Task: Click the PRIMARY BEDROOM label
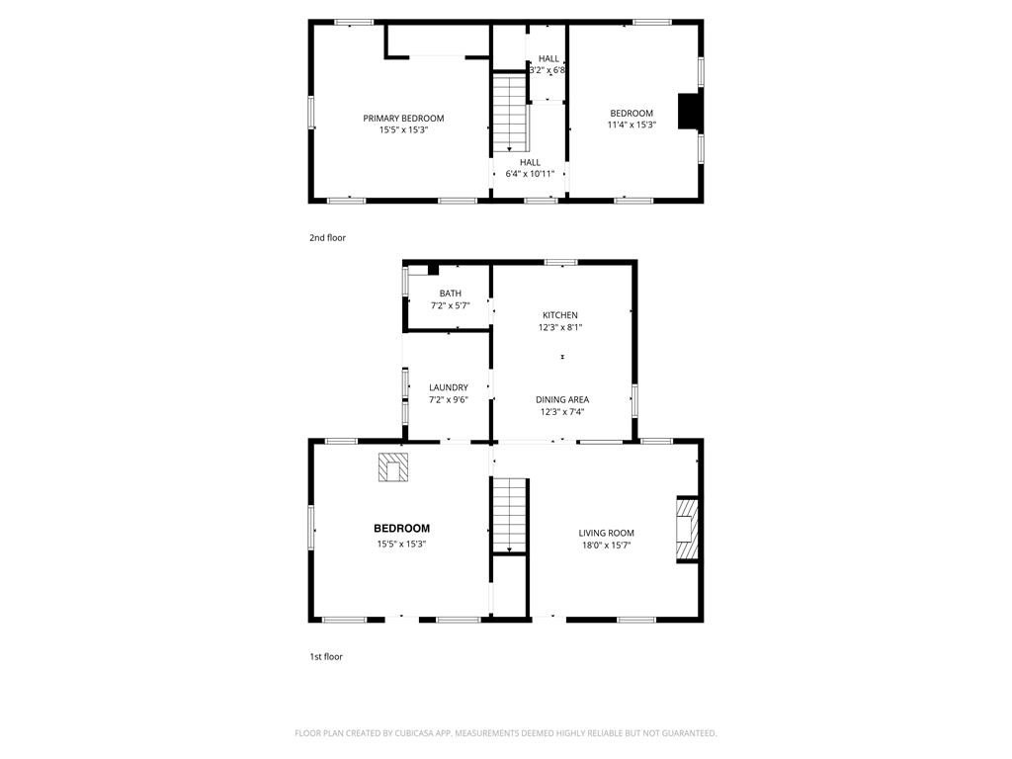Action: pyautogui.click(x=403, y=119)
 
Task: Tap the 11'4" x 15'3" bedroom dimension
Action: pyautogui.click(x=632, y=126)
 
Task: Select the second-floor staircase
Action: pyautogui.click(x=511, y=113)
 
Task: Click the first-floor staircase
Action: pyautogui.click(x=511, y=516)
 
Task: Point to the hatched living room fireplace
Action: pyautogui.click(x=688, y=530)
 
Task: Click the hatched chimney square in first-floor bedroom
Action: pyautogui.click(x=393, y=466)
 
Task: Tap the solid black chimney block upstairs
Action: pyautogui.click(x=688, y=112)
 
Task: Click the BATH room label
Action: pyautogui.click(x=451, y=294)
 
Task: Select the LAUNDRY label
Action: pyautogui.click(x=449, y=387)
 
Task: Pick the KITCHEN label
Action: pyautogui.click(x=560, y=315)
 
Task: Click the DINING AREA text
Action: pyautogui.click(x=562, y=399)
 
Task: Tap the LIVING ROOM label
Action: pyautogui.click(x=606, y=533)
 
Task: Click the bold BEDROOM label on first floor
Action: pyautogui.click(x=401, y=529)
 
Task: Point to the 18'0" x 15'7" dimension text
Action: pyautogui.click(x=606, y=546)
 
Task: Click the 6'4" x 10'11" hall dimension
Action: pyautogui.click(x=530, y=174)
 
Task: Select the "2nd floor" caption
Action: pyautogui.click(x=327, y=237)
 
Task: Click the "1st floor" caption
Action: pyautogui.click(x=326, y=657)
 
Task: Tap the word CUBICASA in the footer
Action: pyautogui.click(x=414, y=733)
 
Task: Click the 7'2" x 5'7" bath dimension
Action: pyautogui.click(x=451, y=306)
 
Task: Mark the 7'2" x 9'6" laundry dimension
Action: pyautogui.click(x=449, y=400)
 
